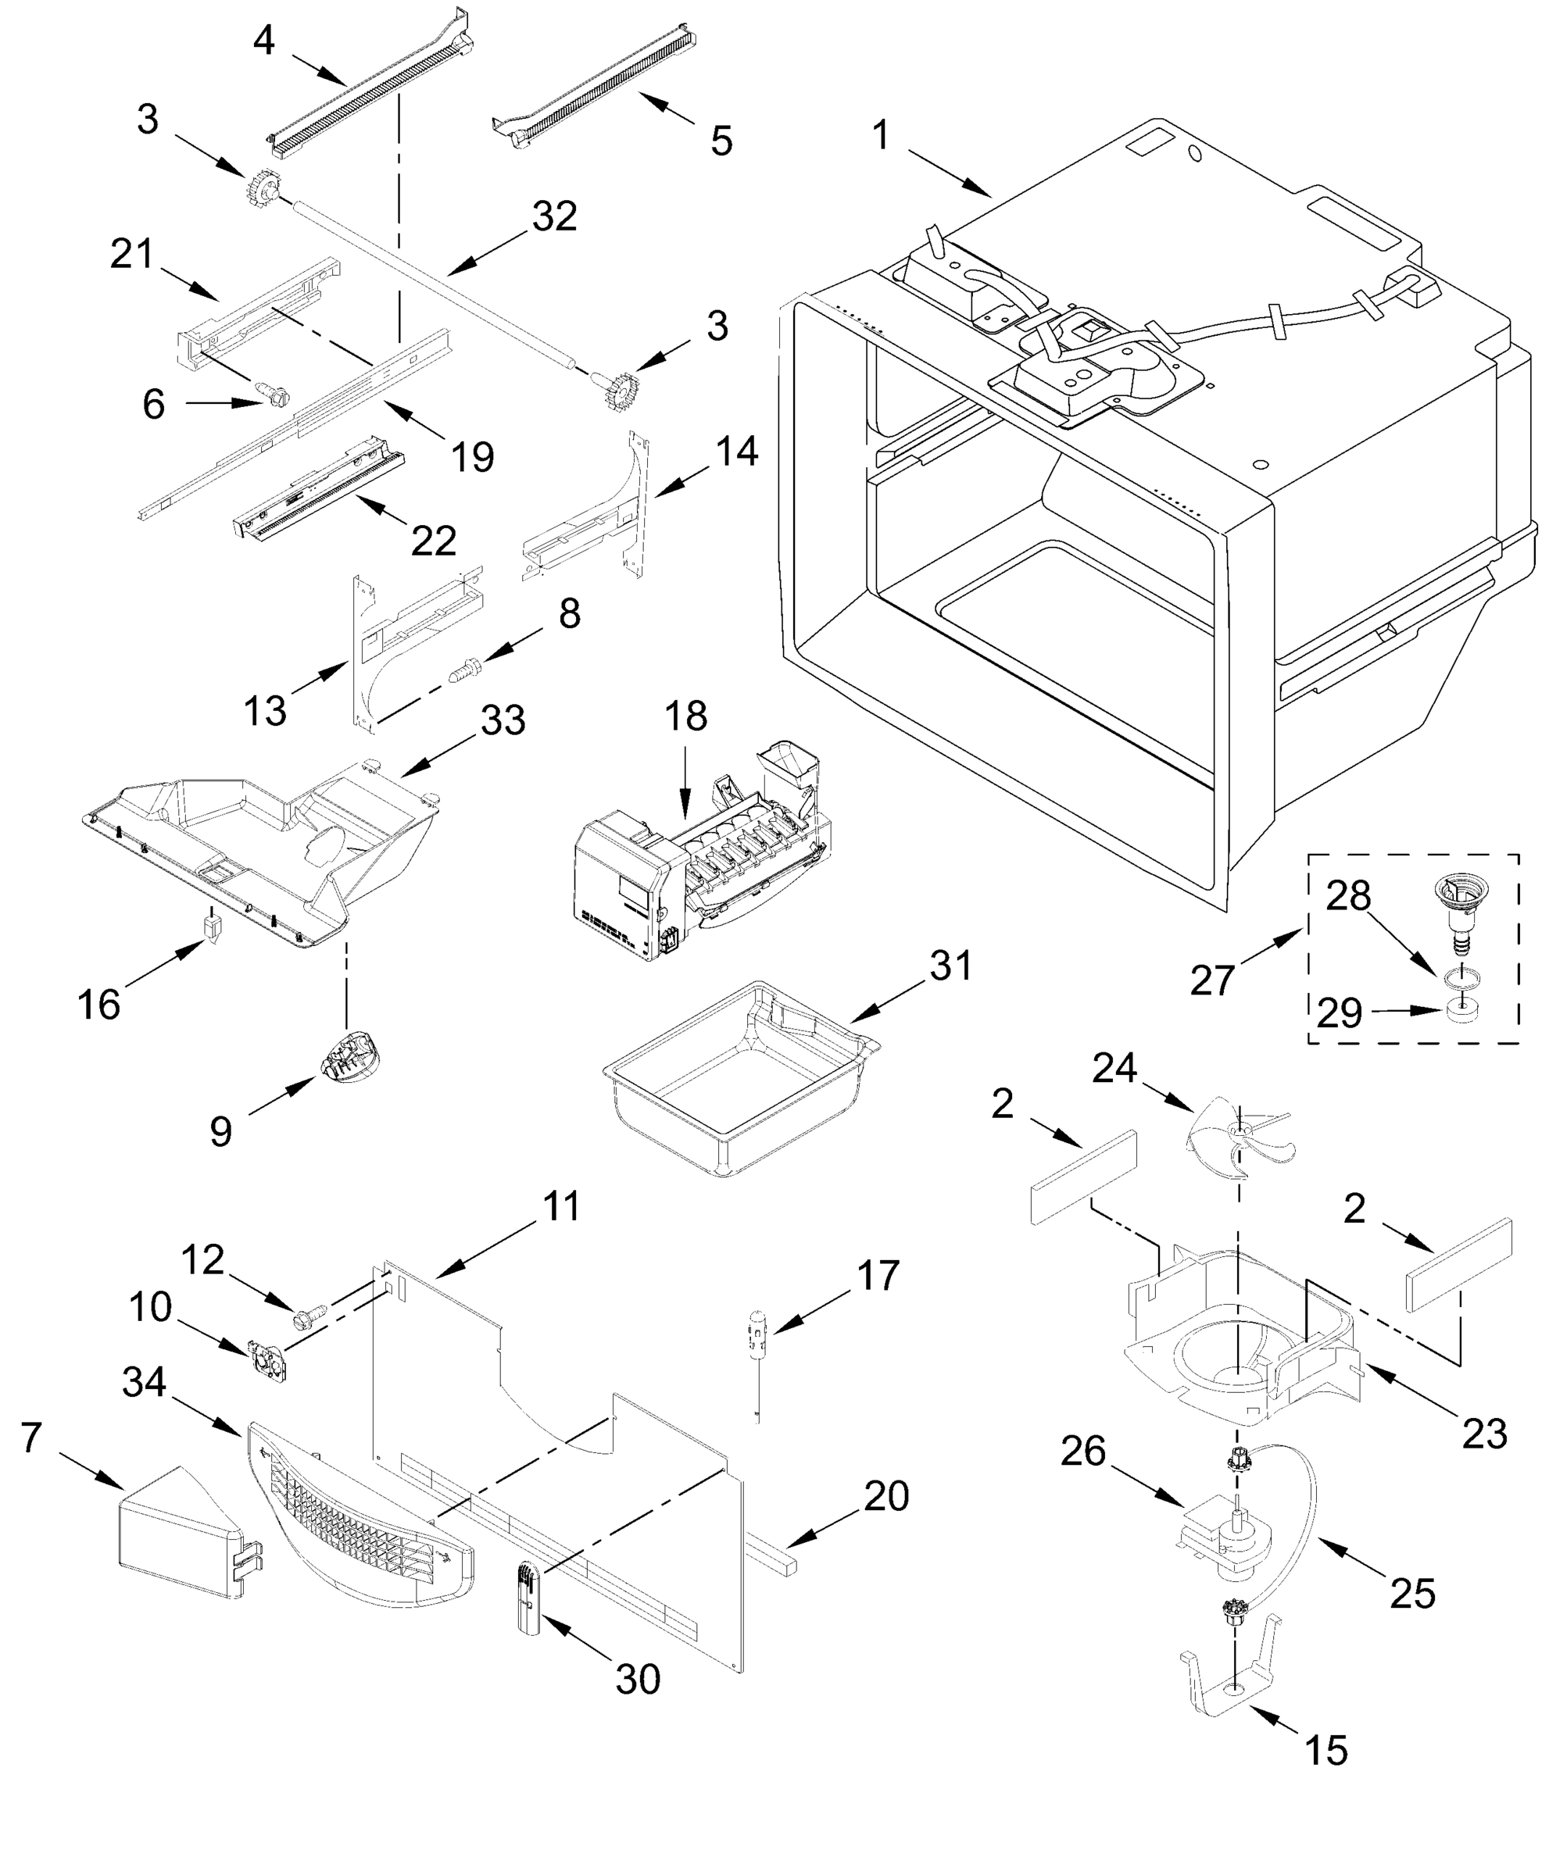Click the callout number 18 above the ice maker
pyautogui.click(x=685, y=716)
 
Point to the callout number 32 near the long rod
pyautogui.click(x=554, y=216)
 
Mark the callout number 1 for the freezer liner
pyautogui.click(x=880, y=136)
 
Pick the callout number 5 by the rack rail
pyautogui.click(x=721, y=141)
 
